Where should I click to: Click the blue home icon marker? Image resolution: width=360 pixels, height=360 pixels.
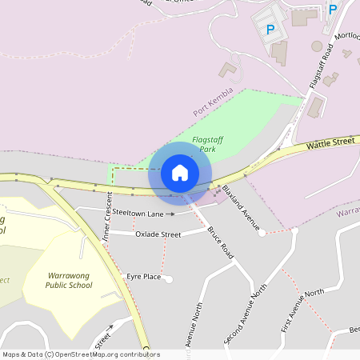pyautogui.click(x=179, y=172)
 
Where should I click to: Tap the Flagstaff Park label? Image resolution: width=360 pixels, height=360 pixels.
pyautogui.click(x=207, y=143)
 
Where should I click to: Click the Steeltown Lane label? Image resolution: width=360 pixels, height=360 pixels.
pyautogui.click(x=138, y=214)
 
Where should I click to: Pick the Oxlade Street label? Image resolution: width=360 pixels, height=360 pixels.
pyautogui.click(x=158, y=234)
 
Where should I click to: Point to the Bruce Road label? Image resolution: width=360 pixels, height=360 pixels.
pyautogui.click(x=219, y=242)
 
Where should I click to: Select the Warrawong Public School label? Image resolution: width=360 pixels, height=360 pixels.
pyautogui.click(x=69, y=278)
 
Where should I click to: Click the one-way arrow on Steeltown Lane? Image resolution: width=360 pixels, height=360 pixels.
pyautogui.click(x=171, y=214)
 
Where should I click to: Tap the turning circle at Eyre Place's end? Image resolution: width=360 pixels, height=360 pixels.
pyautogui.click(x=168, y=278)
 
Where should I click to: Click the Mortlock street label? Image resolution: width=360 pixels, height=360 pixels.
pyautogui.click(x=347, y=37)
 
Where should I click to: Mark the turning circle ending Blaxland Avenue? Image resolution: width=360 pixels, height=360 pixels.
pyautogui.click(x=262, y=234)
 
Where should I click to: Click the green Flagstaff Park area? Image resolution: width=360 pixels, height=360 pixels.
pyautogui.click(x=248, y=120)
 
